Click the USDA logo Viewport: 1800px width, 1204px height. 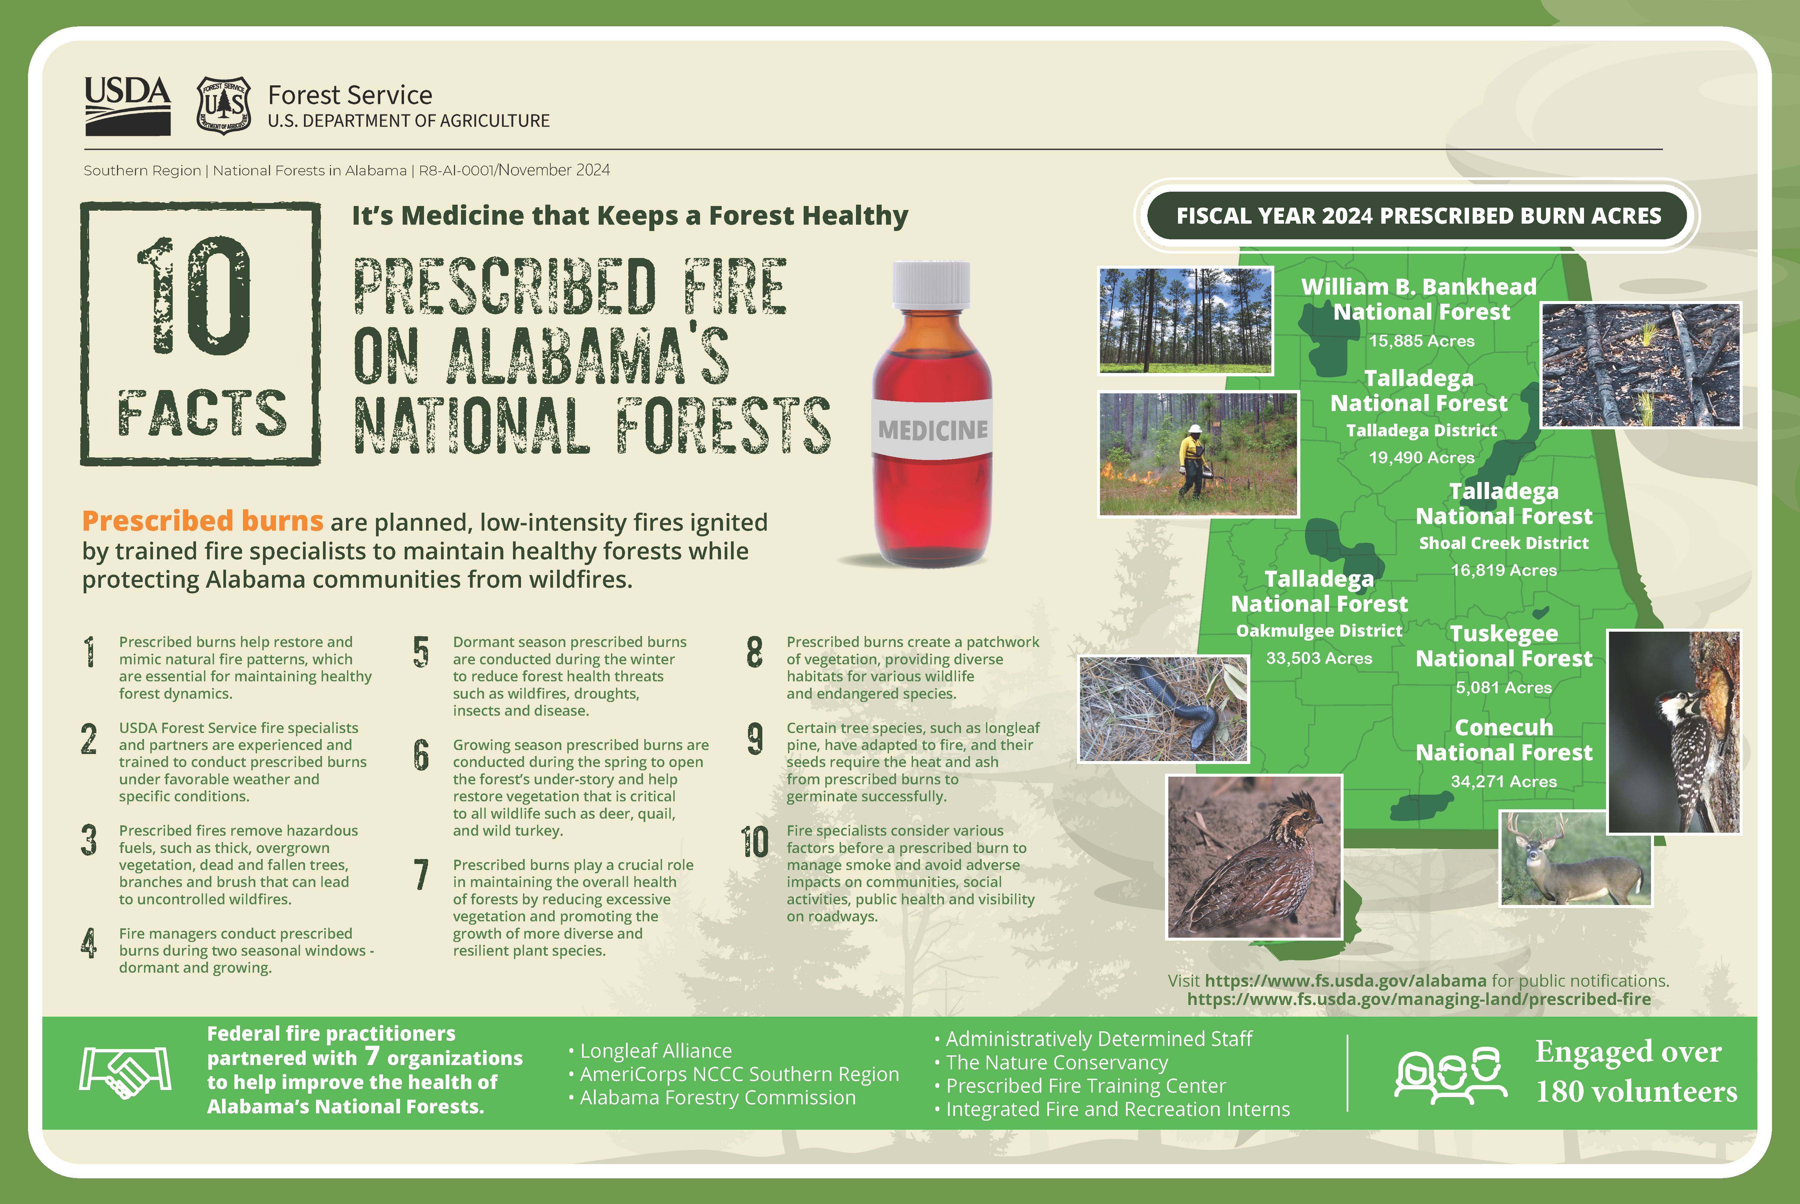[127, 106]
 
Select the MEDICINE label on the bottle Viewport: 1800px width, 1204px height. [932, 430]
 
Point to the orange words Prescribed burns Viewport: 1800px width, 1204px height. [203, 521]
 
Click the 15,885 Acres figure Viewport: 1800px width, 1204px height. [1421, 341]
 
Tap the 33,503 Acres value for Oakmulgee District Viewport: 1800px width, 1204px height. [1319, 658]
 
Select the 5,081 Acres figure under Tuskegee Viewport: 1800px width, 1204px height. [1504, 687]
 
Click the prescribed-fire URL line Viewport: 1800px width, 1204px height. [1418, 999]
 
